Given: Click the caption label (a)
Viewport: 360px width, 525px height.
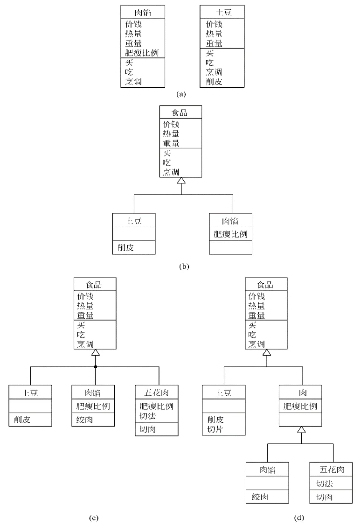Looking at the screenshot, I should coord(181,94).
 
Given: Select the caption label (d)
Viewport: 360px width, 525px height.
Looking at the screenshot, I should coord(299,517).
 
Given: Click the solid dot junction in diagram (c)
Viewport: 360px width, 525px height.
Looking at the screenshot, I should coord(96,367).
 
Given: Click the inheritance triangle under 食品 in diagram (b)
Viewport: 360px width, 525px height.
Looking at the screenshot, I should coord(181,181).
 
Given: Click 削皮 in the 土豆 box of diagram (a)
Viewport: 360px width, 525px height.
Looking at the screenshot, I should coord(214,81).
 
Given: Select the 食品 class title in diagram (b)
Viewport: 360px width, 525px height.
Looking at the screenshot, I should coord(181,112).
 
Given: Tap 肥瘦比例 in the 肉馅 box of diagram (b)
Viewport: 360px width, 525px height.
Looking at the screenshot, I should coord(230,234).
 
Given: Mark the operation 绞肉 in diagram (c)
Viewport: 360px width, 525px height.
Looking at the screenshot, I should coord(85,420).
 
